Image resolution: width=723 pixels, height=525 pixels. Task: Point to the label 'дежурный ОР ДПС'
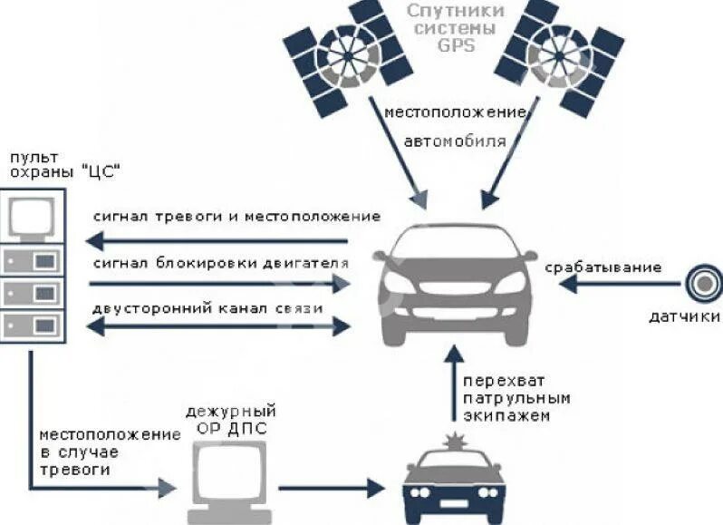point(230,419)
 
